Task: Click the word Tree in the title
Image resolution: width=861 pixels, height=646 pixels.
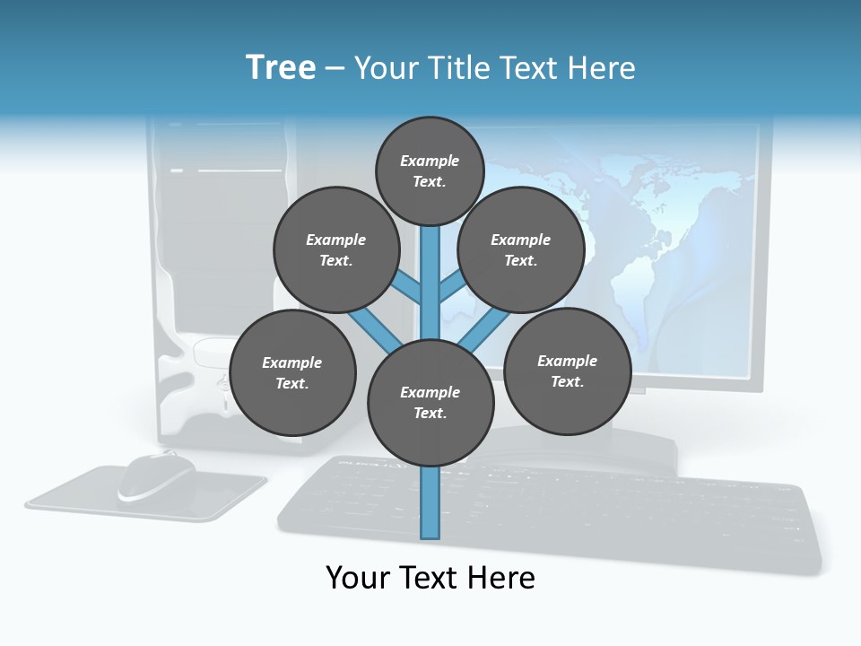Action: [x=281, y=67]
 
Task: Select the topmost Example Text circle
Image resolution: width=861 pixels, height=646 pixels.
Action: [x=430, y=170]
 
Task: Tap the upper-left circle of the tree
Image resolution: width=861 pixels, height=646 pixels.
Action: [x=335, y=249]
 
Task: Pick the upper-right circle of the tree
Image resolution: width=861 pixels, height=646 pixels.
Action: [x=520, y=249]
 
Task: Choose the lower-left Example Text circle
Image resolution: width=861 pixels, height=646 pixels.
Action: [x=292, y=373]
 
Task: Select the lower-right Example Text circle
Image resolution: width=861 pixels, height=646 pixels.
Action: [x=567, y=371]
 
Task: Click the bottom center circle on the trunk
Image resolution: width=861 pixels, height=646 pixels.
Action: [x=430, y=402]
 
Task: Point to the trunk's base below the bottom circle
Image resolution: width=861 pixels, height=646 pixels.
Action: [x=430, y=507]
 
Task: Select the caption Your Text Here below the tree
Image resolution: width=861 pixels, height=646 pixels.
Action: [x=430, y=578]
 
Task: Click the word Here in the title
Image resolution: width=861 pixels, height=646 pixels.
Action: [x=602, y=68]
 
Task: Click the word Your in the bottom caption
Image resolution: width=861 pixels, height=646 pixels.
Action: [x=358, y=578]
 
